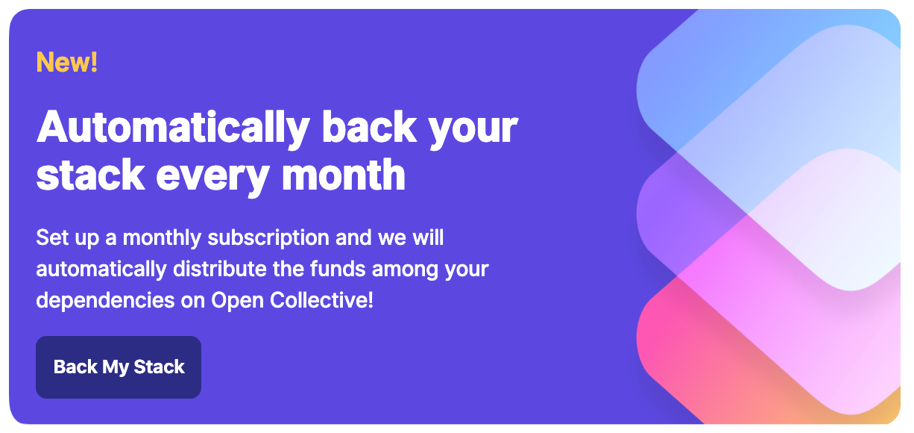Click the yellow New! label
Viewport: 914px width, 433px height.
tap(67, 62)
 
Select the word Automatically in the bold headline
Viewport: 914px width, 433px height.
tap(173, 128)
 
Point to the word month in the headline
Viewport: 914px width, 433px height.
tap(344, 175)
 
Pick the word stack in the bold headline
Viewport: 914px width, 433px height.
tap(91, 175)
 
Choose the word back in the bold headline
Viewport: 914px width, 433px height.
tap(369, 127)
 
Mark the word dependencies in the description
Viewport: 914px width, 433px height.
tap(105, 301)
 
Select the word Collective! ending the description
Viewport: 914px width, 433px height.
tap(321, 300)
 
